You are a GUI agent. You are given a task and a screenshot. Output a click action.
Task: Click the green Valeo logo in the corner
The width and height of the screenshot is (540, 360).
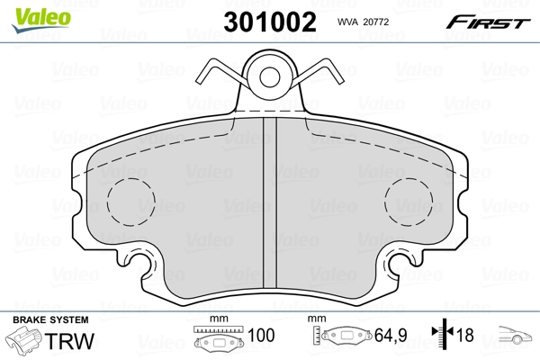[31, 13]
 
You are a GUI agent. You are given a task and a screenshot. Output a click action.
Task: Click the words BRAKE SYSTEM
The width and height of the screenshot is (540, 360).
[50, 319]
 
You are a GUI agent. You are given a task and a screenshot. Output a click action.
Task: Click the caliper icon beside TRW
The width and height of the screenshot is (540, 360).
[25, 343]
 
